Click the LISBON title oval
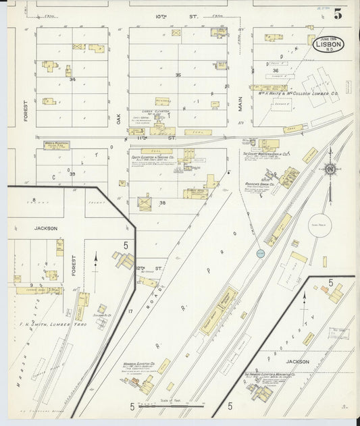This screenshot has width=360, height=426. [x=329, y=43]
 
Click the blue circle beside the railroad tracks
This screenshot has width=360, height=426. [x=261, y=253]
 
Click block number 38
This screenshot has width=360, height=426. [x=162, y=203]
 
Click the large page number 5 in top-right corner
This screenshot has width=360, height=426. [x=337, y=14]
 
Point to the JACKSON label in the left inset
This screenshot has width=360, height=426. [x=47, y=228]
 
